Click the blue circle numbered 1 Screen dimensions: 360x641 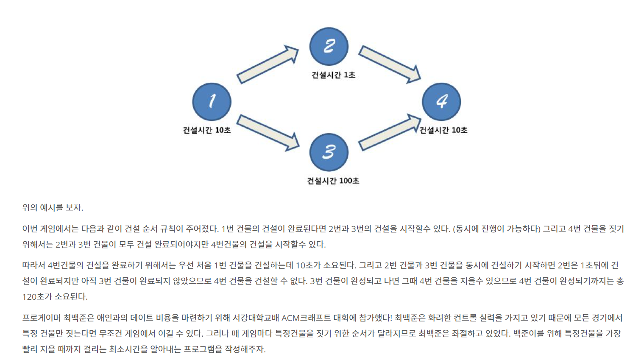point(212,102)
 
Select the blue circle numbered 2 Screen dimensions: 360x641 point(329,46)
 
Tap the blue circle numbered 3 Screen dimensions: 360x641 point(329,152)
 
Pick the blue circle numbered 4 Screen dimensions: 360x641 point(441,102)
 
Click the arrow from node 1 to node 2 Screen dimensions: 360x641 point(268,64)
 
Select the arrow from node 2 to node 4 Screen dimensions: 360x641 point(389,64)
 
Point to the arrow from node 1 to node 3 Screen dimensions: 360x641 point(268,132)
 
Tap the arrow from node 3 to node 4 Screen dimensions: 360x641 point(389,132)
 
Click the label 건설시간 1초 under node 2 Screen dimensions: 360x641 point(333,75)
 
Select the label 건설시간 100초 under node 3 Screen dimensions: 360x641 point(333,181)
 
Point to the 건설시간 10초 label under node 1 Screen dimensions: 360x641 point(206,130)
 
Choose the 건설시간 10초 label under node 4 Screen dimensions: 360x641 point(443,130)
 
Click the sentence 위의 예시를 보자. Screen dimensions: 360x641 point(53,208)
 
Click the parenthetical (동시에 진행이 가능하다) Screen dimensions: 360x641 point(496,229)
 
